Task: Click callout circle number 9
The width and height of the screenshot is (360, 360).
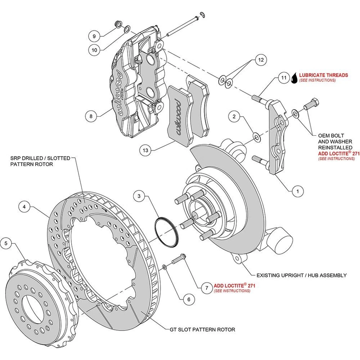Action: pyautogui.click(x=94, y=36)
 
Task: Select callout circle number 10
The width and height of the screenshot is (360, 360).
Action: pyautogui.click(x=94, y=49)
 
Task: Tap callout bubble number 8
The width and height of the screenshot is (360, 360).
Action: pyautogui.click(x=91, y=116)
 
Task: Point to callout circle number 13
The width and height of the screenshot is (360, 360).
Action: pyautogui.click(x=145, y=151)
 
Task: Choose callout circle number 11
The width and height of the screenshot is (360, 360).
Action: pyautogui.click(x=284, y=78)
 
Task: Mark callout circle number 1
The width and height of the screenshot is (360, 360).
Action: pyautogui.click(x=297, y=191)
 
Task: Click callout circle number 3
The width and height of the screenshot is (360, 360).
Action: pyautogui.click(x=139, y=196)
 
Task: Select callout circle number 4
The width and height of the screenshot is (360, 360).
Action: pyautogui.click(x=24, y=206)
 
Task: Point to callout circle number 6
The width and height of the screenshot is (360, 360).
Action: pyautogui.click(x=189, y=299)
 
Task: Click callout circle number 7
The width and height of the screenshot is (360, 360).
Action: pyautogui.click(x=205, y=288)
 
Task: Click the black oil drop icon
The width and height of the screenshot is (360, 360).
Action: pyautogui.click(x=295, y=78)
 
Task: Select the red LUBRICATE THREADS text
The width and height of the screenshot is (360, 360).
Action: pyautogui.click(x=323, y=75)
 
